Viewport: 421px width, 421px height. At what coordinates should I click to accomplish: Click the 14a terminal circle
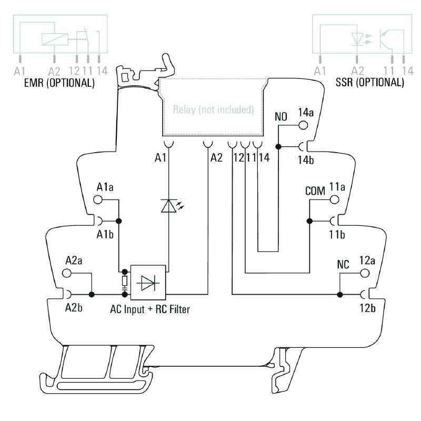[x=303, y=125]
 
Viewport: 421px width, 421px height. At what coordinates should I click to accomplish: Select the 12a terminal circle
[x=363, y=273]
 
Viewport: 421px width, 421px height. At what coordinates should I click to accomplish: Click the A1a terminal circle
[x=97, y=199]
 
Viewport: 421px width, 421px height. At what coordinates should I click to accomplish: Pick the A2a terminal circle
[x=67, y=273]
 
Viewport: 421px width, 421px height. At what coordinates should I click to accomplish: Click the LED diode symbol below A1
[x=168, y=206]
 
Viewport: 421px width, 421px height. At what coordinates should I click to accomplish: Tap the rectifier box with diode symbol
[x=148, y=283]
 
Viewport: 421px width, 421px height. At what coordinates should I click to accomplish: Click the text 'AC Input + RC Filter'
[x=150, y=309]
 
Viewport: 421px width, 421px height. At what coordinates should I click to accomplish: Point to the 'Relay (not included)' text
[x=214, y=111]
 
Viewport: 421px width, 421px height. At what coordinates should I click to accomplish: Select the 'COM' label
[x=315, y=191]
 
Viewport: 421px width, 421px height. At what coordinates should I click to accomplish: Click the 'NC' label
[x=343, y=265]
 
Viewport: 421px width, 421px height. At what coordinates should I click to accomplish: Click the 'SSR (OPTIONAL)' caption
[x=370, y=83]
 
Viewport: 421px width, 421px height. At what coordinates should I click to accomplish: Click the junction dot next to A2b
[x=92, y=294]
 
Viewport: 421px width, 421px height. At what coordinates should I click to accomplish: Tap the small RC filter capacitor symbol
[x=125, y=283]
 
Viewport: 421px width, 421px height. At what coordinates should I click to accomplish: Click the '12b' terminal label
[x=367, y=308]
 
